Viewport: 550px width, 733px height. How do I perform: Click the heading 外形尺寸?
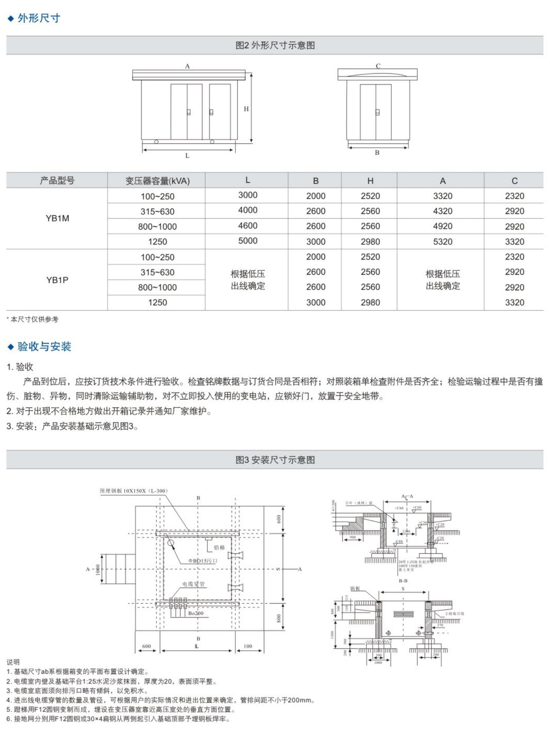point(39,18)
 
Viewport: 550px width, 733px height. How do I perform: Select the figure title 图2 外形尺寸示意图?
point(275,45)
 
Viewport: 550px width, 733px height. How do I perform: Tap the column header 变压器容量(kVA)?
point(157,181)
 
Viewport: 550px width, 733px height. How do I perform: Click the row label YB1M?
point(57,218)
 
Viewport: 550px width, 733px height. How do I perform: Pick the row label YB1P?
point(57,280)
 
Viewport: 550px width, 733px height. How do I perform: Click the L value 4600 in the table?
point(248,226)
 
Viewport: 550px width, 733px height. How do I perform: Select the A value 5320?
point(442,242)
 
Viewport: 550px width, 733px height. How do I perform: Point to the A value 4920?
point(442,226)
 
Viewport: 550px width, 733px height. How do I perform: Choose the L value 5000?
point(248,241)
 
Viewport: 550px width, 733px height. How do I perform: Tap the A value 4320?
point(442,211)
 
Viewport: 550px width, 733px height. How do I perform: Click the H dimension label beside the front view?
point(246,109)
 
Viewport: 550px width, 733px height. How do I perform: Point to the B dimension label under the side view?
point(377,153)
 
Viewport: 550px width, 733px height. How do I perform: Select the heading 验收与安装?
point(44,346)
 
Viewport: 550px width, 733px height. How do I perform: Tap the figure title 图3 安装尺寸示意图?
point(275,460)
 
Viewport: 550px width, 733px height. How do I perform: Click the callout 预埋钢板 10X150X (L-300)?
point(133,491)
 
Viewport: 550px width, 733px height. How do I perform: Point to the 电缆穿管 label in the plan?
point(193,584)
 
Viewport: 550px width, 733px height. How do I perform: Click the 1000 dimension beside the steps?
point(98,569)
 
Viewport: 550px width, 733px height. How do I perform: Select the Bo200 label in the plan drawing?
point(196,613)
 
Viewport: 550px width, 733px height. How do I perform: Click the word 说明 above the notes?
point(13,662)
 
